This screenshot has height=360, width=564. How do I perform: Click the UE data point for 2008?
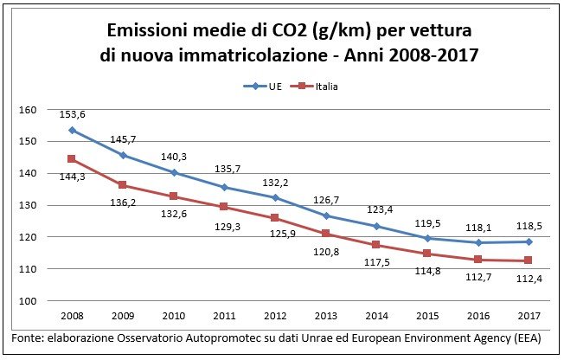click(x=72, y=130)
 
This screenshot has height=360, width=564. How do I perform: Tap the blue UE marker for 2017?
click(x=527, y=241)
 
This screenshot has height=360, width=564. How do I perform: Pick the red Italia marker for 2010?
click(x=174, y=196)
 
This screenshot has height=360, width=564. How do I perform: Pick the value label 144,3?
click(x=71, y=176)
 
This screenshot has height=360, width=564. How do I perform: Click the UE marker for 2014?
click(x=375, y=226)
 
